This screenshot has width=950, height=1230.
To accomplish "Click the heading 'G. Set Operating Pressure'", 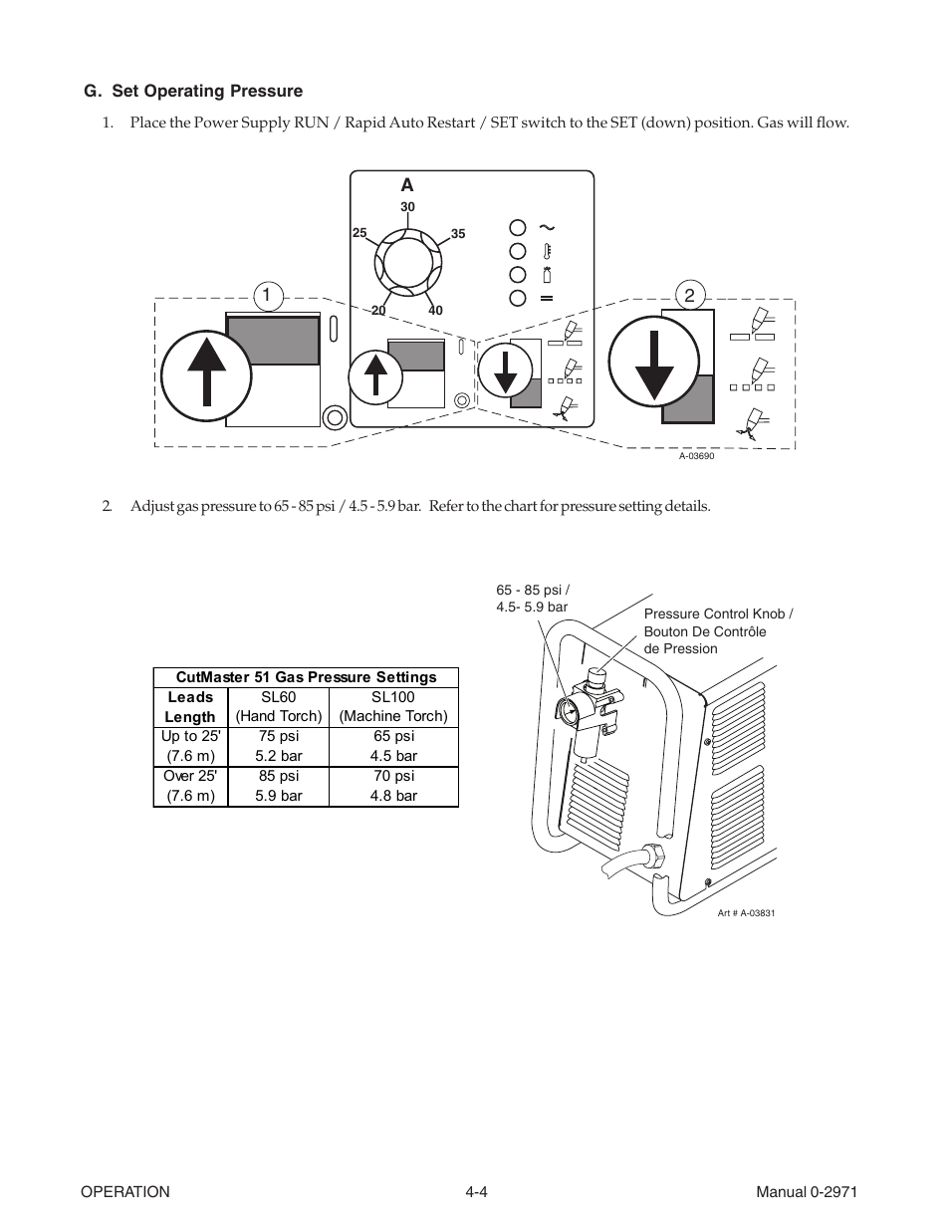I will (193, 92).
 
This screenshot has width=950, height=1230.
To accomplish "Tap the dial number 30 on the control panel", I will (407, 207).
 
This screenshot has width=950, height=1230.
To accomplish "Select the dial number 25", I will (359, 233).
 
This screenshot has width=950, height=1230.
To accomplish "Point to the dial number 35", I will (458, 235).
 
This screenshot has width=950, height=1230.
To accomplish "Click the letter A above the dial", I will (406, 185).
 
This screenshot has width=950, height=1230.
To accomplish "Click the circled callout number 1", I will (267, 295).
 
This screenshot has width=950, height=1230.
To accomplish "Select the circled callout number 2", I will (689, 295).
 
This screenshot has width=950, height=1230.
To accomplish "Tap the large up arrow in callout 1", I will (207, 370).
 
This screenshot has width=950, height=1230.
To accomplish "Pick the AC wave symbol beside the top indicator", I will (546, 227).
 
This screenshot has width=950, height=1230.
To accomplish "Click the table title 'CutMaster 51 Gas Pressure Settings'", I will (306, 677).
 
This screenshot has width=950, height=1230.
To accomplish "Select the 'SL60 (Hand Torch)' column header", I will (279, 707).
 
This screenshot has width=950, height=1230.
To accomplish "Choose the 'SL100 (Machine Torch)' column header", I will (393, 707).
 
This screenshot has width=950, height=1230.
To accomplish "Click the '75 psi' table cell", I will (279, 737).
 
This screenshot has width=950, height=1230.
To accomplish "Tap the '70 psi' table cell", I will (393, 776).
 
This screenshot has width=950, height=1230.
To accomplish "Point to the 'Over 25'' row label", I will (190, 776).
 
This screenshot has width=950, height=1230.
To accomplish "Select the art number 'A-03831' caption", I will (746, 912).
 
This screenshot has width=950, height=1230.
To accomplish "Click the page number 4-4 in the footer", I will (475, 1192).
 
